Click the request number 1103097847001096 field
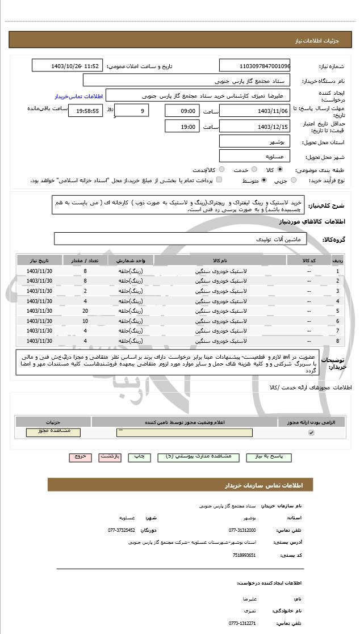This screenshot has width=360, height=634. tap(254, 66)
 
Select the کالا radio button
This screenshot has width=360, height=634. tap(280, 169)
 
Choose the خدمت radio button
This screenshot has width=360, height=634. tap(253, 169)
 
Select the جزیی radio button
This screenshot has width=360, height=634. tap(294, 180)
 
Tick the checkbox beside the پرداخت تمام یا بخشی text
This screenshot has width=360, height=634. tap(219, 180)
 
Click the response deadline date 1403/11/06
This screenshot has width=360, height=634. tap(254, 111)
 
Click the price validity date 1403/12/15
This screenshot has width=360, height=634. tap(254, 127)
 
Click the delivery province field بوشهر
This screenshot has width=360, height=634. tap(254, 141)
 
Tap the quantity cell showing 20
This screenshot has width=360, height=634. tap(85, 311)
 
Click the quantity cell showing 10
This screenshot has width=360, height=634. tap(85, 321)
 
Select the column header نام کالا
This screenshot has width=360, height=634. tap(220, 261)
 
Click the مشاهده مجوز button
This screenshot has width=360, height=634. tap(53, 432)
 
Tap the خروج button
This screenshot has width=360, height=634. tap(79, 456)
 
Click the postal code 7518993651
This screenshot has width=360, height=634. tap(244, 555)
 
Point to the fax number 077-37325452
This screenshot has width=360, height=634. tap(122, 530)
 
